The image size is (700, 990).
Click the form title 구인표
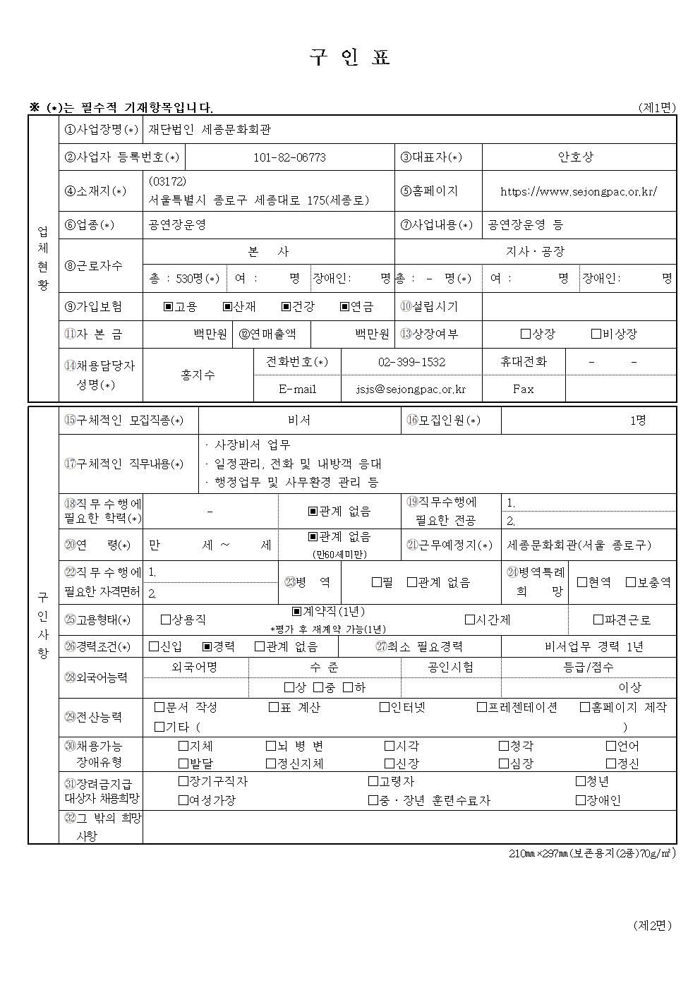click(350, 58)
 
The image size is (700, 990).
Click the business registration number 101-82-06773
click(289, 157)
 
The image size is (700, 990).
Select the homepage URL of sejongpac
click(579, 191)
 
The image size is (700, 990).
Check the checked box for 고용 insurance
click(168, 307)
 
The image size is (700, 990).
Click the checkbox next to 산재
click(227, 307)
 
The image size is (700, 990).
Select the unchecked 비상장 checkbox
click(596, 334)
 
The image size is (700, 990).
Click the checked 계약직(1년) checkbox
click(297, 612)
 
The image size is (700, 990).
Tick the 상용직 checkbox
click(166, 620)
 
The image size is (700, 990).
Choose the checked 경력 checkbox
click(207, 646)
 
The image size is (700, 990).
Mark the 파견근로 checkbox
click(598, 620)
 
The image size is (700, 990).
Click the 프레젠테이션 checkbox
click(481, 707)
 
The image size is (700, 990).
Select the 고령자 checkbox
click(373, 782)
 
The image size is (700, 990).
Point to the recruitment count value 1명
click(637, 421)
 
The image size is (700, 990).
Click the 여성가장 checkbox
click(183, 800)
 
